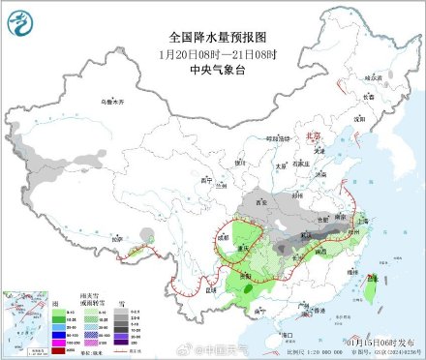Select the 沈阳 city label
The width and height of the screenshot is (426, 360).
[x=358, y=117]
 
